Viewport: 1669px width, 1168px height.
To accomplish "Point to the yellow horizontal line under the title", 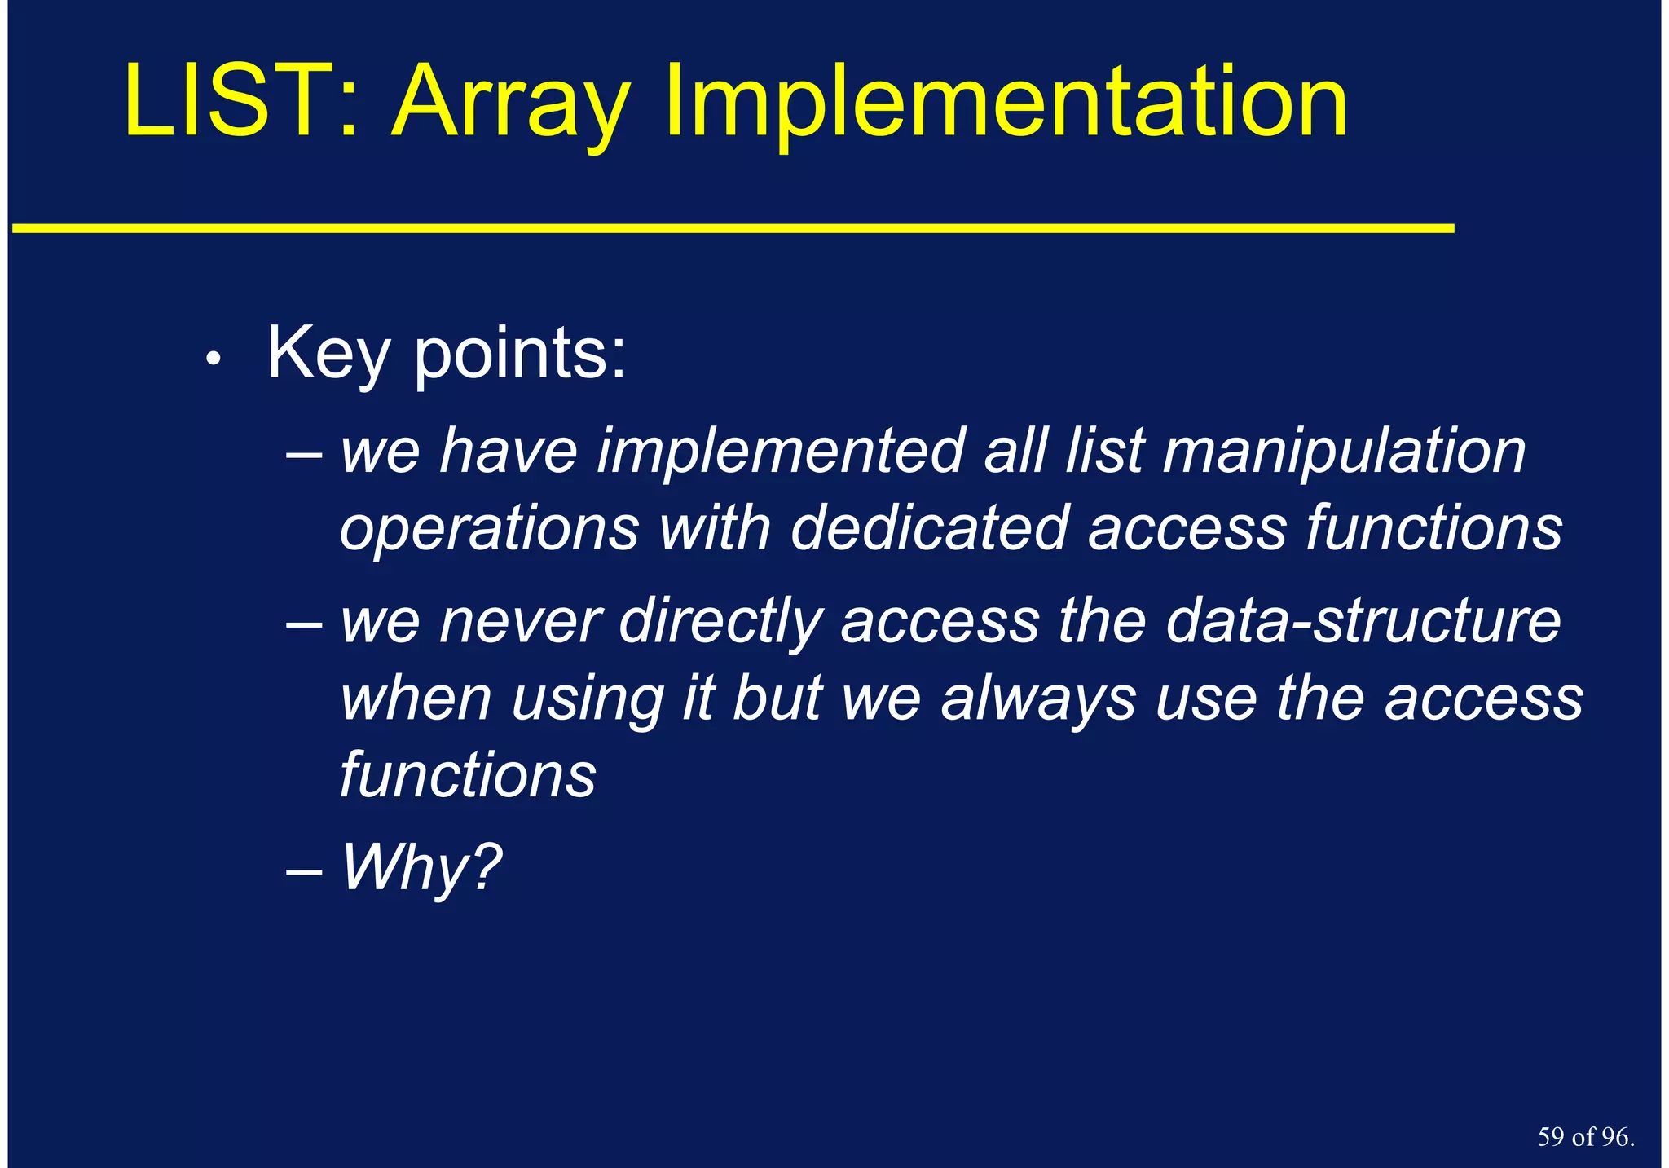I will point(733,229).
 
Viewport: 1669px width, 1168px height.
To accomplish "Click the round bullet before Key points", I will point(214,359).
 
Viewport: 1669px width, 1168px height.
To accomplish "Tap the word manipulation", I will point(1344,452).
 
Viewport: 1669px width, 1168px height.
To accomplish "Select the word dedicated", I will point(929,527).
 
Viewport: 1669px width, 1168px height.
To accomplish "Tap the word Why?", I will point(421,867).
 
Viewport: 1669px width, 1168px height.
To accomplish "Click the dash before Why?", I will point(304,870).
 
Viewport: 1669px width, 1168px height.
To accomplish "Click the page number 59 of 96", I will point(1585,1137).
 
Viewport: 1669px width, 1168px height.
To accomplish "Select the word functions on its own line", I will point(468,774).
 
